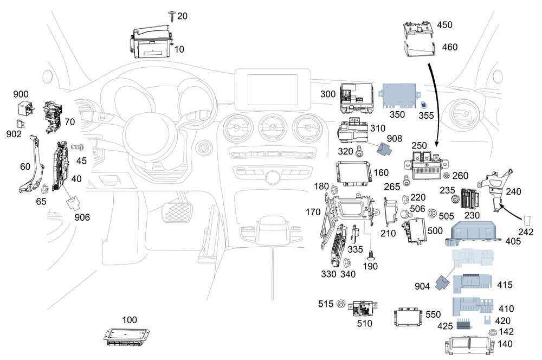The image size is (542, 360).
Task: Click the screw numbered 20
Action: tap(172, 15)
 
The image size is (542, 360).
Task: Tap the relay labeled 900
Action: tap(24, 107)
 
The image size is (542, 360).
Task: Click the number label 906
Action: tap(82, 217)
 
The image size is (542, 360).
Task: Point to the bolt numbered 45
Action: tap(75, 147)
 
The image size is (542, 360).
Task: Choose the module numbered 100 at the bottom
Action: tap(125, 336)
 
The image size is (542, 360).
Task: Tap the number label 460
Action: tap(449, 47)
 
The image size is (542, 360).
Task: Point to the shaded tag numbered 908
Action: tap(386, 150)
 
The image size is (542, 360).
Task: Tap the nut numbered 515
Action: tap(341, 304)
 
